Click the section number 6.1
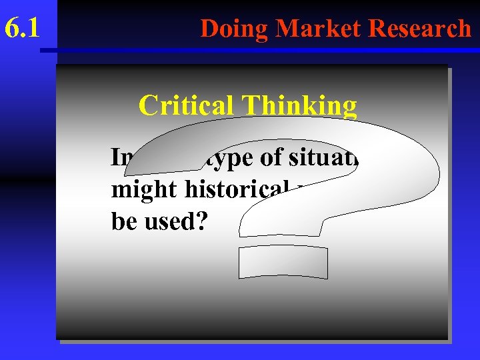pos(22,28)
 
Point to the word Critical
pos(186,105)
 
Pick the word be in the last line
pos(123,221)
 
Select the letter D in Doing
pos(209,28)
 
